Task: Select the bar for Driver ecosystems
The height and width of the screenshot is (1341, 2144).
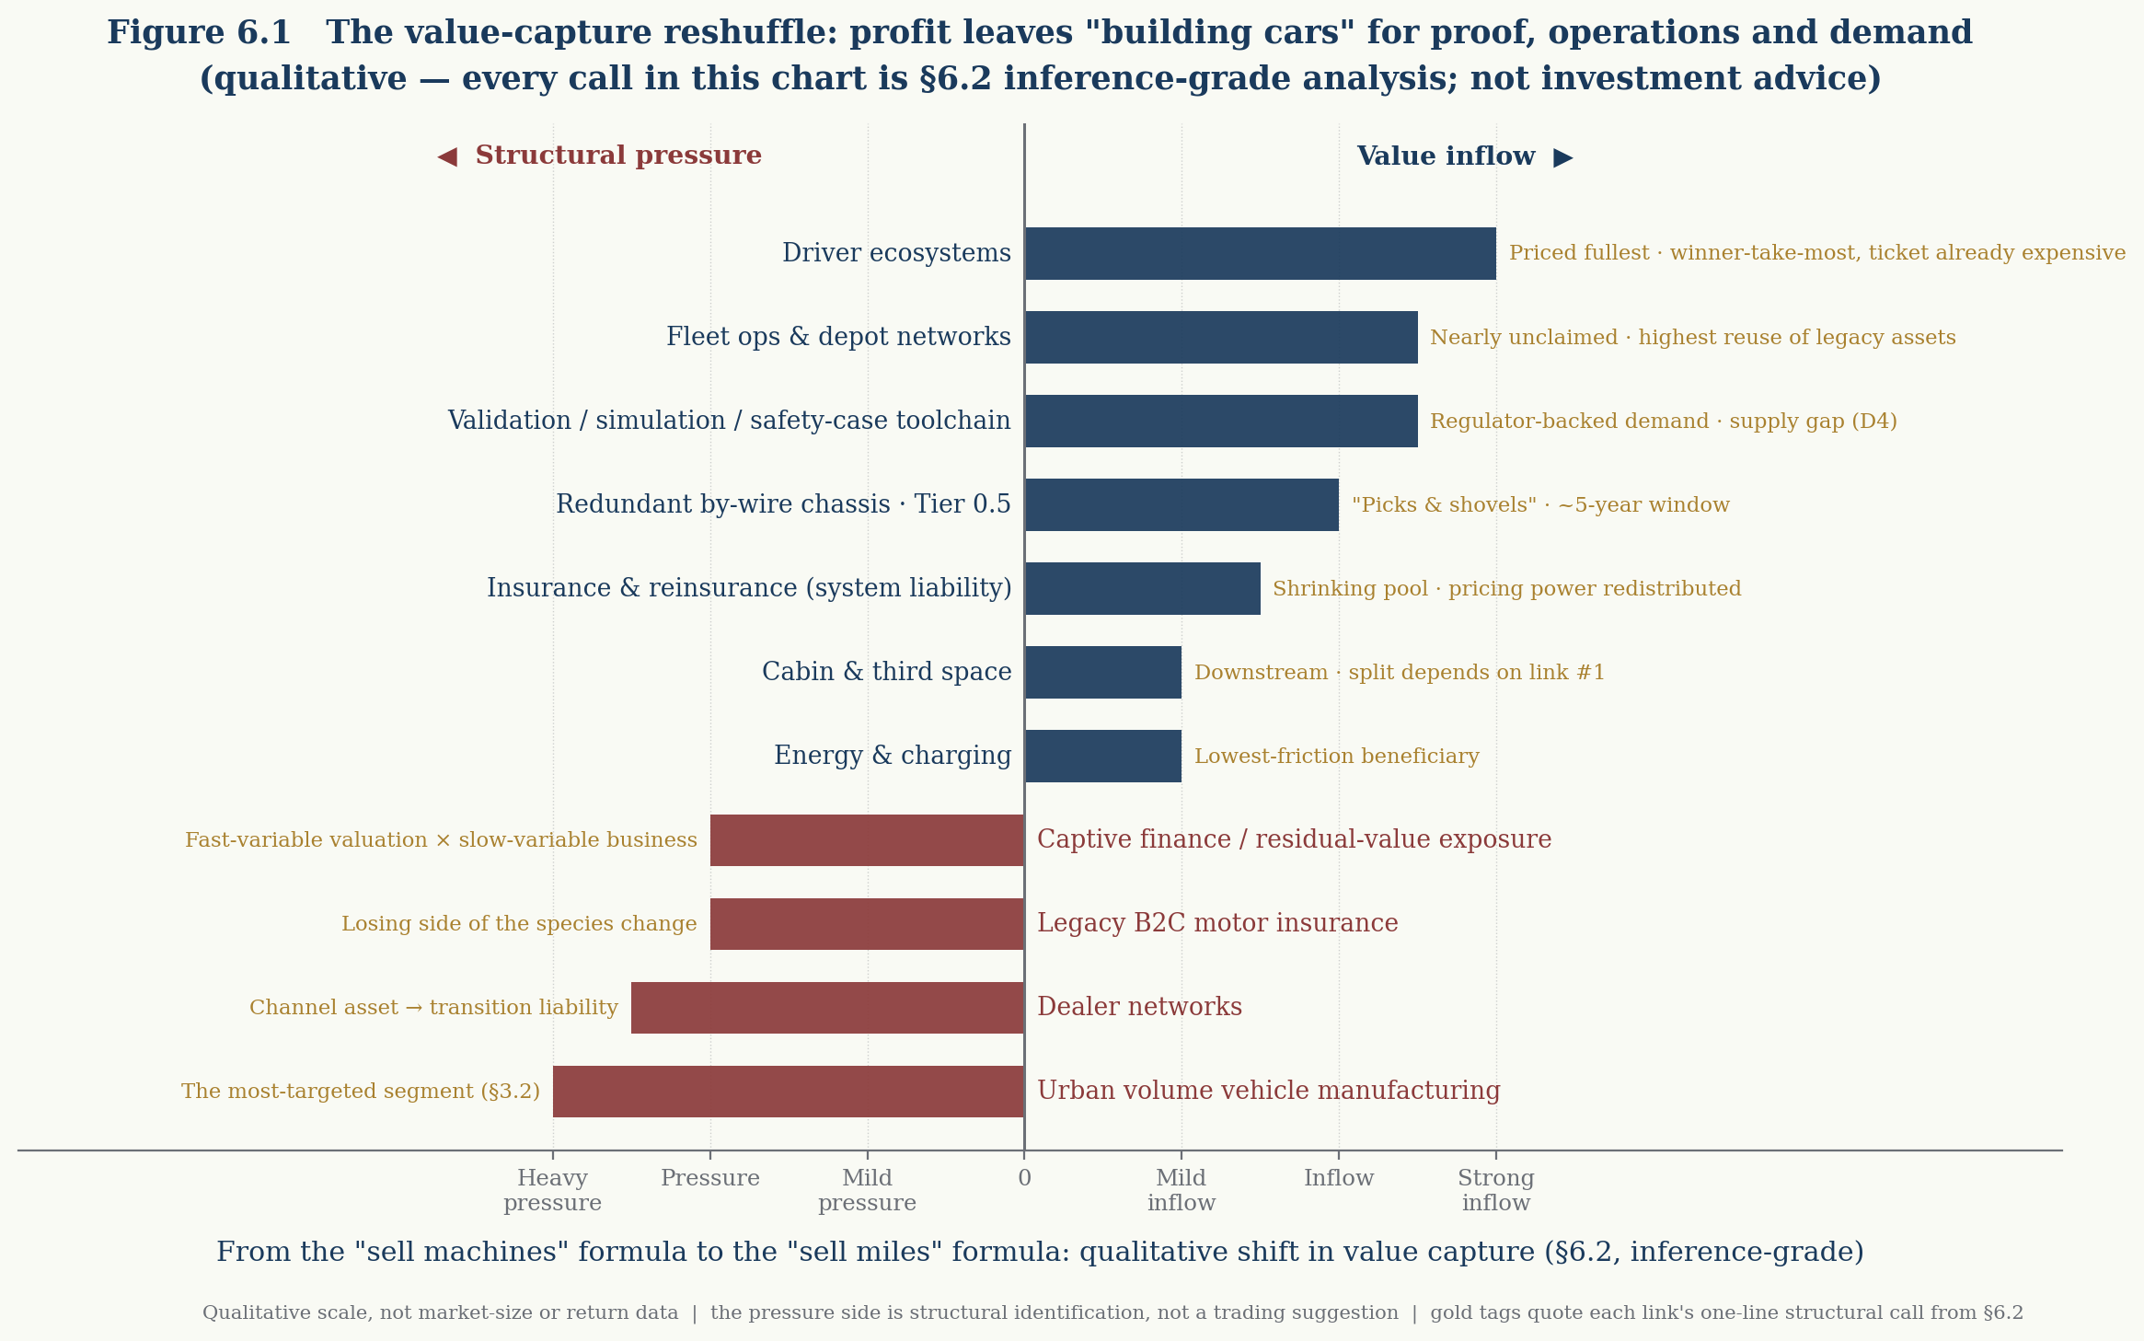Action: tap(1261, 253)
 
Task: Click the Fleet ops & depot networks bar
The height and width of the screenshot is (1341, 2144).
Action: tap(1221, 337)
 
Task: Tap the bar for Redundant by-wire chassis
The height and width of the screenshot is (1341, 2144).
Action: tap(1182, 504)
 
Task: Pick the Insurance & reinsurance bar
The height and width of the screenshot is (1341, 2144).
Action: tap(1143, 588)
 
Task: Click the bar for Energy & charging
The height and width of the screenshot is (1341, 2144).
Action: tap(1103, 756)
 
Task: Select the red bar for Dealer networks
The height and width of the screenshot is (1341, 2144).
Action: tap(827, 1008)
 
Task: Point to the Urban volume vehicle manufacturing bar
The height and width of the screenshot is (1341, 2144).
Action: tap(789, 1092)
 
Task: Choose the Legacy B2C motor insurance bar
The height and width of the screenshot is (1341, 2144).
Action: tap(867, 924)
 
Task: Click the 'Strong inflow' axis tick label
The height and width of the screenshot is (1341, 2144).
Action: tap(1496, 1190)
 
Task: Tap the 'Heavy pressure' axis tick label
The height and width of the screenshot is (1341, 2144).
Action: tap(552, 1190)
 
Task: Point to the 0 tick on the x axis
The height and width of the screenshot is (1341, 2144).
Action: tap(1024, 1178)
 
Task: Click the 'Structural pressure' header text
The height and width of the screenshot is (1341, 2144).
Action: tap(618, 156)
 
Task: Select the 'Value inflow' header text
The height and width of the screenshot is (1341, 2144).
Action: tap(1446, 156)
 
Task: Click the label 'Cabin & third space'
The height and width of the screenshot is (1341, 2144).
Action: tap(887, 672)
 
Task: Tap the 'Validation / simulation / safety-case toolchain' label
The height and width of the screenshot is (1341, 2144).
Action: tap(729, 421)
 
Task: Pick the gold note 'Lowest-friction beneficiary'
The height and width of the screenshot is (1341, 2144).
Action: tap(1337, 757)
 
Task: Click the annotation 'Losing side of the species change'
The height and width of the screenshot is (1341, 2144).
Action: tap(519, 924)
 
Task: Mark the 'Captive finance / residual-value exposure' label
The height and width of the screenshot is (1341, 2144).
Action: tap(1295, 839)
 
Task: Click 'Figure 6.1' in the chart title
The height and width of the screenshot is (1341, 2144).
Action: tap(199, 33)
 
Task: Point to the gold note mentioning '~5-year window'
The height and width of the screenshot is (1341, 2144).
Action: tap(1540, 505)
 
